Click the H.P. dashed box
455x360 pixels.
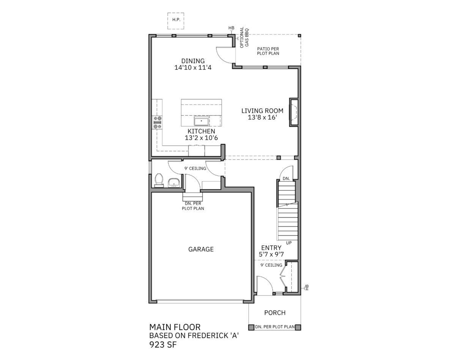click(176, 21)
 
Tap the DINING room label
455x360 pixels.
click(193, 61)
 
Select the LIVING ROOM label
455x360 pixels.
click(262, 111)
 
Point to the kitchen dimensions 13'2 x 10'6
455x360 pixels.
click(202, 138)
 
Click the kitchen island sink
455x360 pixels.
click(202, 120)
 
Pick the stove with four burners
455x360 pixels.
click(157, 123)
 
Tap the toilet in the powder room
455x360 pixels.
click(159, 180)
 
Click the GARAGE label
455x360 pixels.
click(201, 249)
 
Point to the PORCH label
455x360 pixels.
click(275, 313)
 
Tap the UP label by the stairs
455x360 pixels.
click(289, 243)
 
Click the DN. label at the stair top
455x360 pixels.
click(287, 178)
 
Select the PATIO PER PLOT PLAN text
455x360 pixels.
click(268, 51)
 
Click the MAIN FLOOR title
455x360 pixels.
click(175, 327)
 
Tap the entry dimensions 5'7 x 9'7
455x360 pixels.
click(271, 254)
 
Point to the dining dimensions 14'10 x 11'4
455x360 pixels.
click(193, 68)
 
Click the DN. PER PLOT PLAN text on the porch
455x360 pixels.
click(275, 327)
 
